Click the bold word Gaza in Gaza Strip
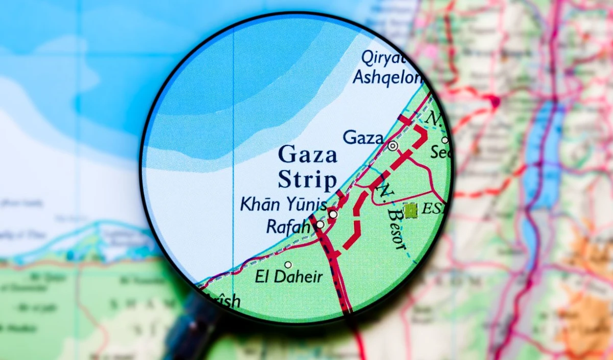click(x=308, y=154)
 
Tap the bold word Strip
click(x=308, y=180)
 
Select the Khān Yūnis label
click(x=284, y=205)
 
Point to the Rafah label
click(x=288, y=226)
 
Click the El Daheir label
click(x=289, y=277)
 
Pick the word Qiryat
click(x=383, y=57)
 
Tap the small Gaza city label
click(x=363, y=137)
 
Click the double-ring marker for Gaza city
click(x=392, y=146)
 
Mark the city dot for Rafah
click(x=320, y=224)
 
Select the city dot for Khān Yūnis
click(x=333, y=214)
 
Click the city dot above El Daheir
click(x=288, y=265)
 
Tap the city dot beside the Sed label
click(x=444, y=140)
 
